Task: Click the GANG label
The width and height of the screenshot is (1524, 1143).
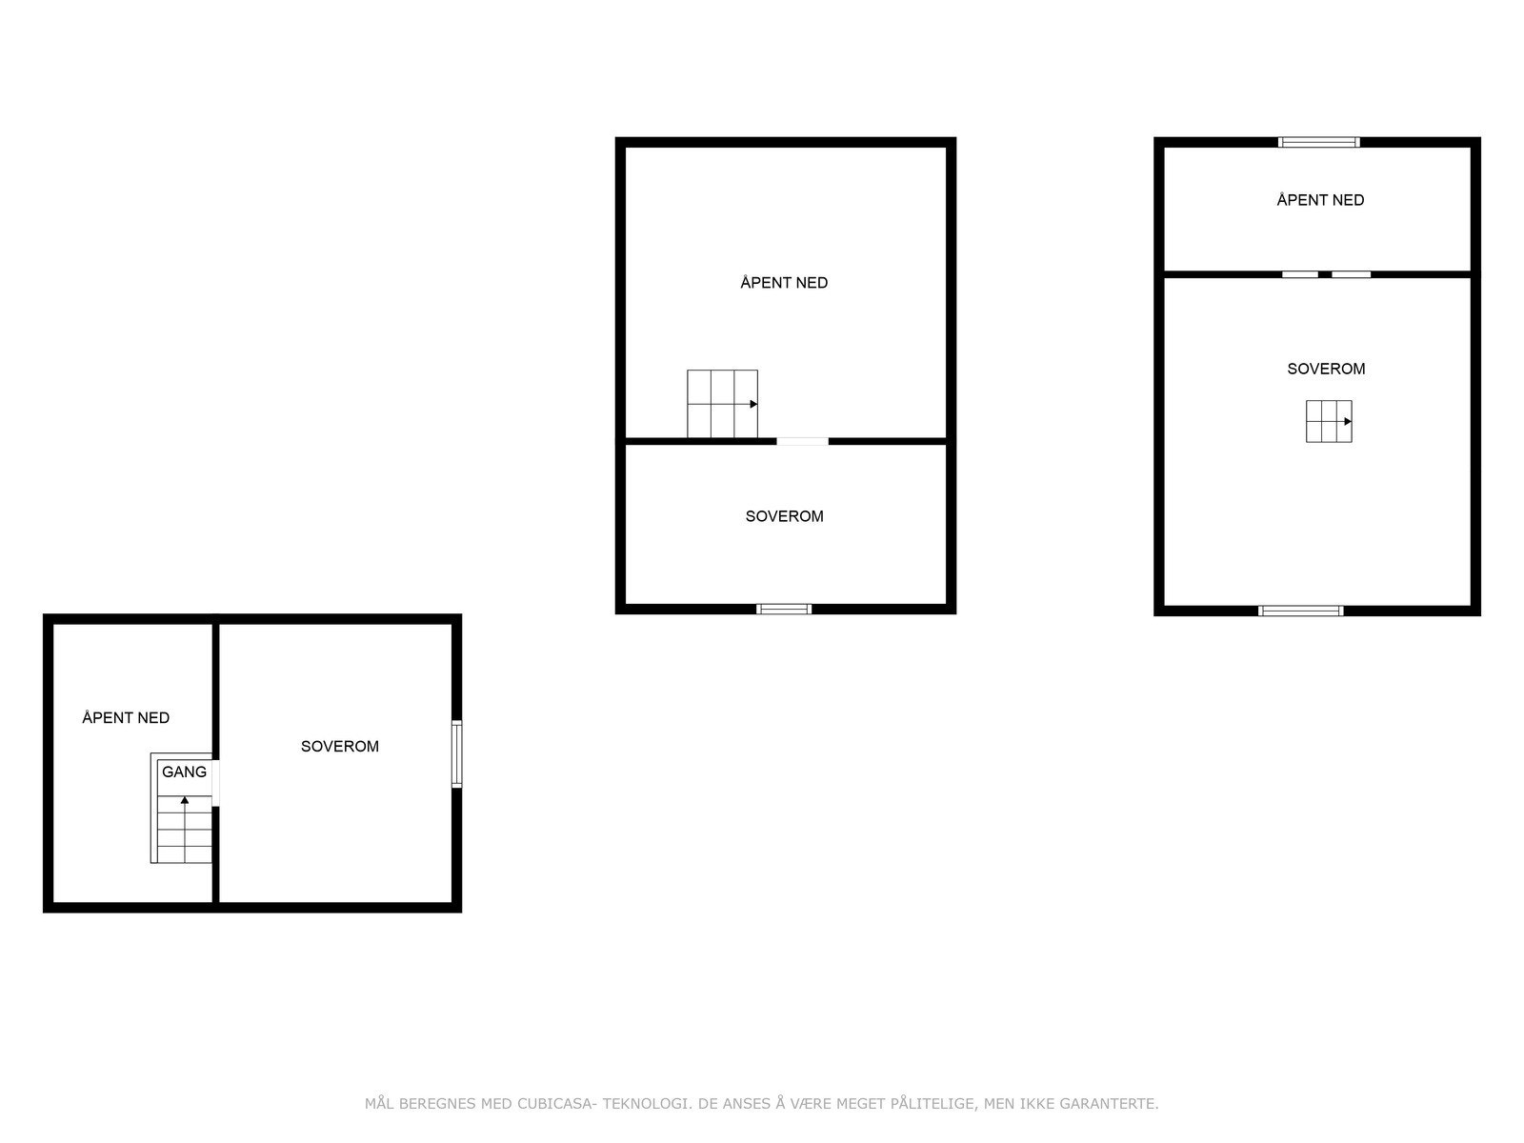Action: [x=184, y=772]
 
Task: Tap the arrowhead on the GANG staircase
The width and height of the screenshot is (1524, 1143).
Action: [x=185, y=800]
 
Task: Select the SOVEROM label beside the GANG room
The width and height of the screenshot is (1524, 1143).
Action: [x=340, y=746]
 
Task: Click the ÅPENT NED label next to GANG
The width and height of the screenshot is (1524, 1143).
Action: [x=126, y=717]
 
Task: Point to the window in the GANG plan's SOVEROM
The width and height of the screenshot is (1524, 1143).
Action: [x=456, y=754]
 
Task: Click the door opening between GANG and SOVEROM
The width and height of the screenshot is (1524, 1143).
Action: [x=216, y=783]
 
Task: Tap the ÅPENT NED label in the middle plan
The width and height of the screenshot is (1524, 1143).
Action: [x=784, y=282]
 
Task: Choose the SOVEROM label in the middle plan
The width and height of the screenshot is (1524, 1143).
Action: [x=784, y=516]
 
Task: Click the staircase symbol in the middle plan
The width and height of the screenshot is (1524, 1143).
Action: [x=722, y=404]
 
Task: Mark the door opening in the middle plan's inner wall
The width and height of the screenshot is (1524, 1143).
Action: [x=802, y=441]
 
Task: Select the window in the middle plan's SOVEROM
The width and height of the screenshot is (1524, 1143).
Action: [x=784, y=609]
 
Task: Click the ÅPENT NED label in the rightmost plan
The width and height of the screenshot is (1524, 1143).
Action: [x=1320, y=200]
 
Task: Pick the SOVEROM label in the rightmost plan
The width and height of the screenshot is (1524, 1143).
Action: [x=1326, y=369]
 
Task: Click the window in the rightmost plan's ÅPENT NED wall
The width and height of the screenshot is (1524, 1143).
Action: [x=1319, y=142]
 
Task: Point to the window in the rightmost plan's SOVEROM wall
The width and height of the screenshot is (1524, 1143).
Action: [x=1301, y=611]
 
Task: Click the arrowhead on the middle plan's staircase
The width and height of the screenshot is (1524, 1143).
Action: [x=753, y=404]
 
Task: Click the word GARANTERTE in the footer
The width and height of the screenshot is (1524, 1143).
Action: [x=1113, y=1104]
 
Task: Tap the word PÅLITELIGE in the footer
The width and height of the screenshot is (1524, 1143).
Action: [x=933, y=1104]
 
